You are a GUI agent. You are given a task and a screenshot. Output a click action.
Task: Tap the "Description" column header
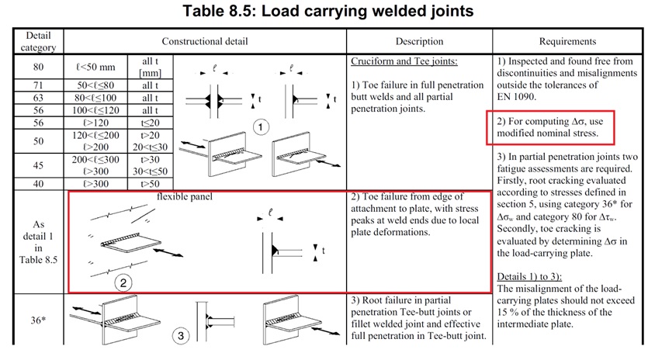coord(419,41)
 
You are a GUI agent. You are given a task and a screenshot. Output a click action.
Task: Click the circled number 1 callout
coord(262,126)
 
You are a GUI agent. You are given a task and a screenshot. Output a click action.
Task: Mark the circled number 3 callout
coord(180,336)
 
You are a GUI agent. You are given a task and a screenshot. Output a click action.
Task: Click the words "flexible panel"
coord(185,196)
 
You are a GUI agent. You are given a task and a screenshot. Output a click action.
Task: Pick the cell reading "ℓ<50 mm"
coord(97,67)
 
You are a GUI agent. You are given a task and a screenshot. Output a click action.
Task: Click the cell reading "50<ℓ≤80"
coord(97,85)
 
